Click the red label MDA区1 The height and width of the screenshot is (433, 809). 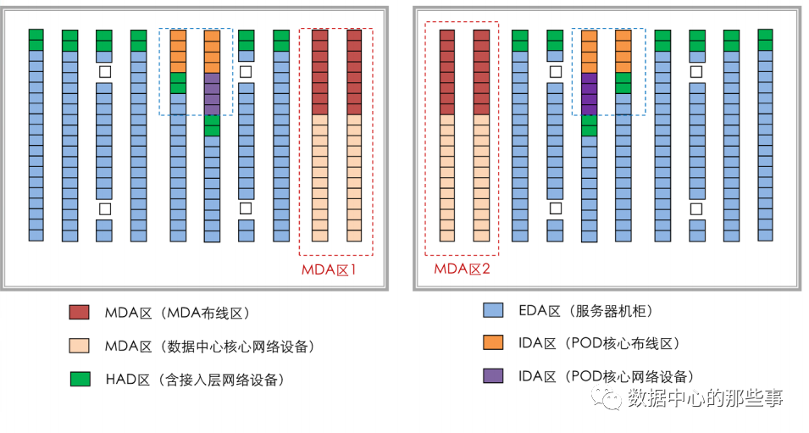click(334, 270)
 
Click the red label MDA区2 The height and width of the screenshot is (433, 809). click(463, 270)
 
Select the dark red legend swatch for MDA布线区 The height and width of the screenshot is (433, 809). click(80, 313)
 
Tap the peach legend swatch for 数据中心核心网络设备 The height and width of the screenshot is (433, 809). click(80, 346)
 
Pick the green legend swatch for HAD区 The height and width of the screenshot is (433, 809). click(80, 379)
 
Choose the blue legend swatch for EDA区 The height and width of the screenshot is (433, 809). click(492, 311)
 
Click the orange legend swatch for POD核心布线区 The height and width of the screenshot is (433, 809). click(492, 343)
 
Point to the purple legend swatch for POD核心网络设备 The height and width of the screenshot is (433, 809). click(492, 375)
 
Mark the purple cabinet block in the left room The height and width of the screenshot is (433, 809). click(212, 93)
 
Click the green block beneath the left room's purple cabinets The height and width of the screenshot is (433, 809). click(212, 125)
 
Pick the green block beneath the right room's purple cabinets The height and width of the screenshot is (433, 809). click(589, 125)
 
